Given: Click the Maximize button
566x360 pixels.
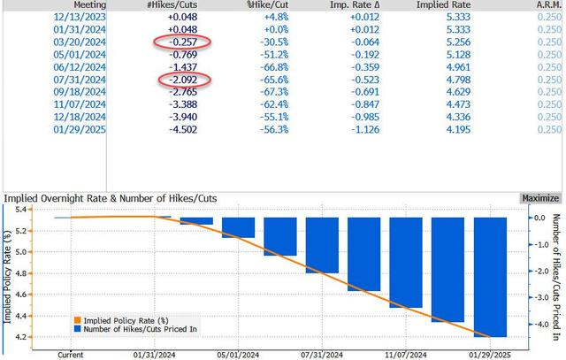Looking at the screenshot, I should (539, 198).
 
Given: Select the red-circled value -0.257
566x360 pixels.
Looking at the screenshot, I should (181, 42).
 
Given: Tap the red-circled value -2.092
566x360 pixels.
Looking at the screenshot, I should (181, 80).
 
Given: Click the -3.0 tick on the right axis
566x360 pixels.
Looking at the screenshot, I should (530, 297).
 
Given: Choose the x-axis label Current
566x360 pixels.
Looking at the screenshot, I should (70, 353).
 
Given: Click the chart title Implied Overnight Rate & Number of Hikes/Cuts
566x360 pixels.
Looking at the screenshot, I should (111, 198).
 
